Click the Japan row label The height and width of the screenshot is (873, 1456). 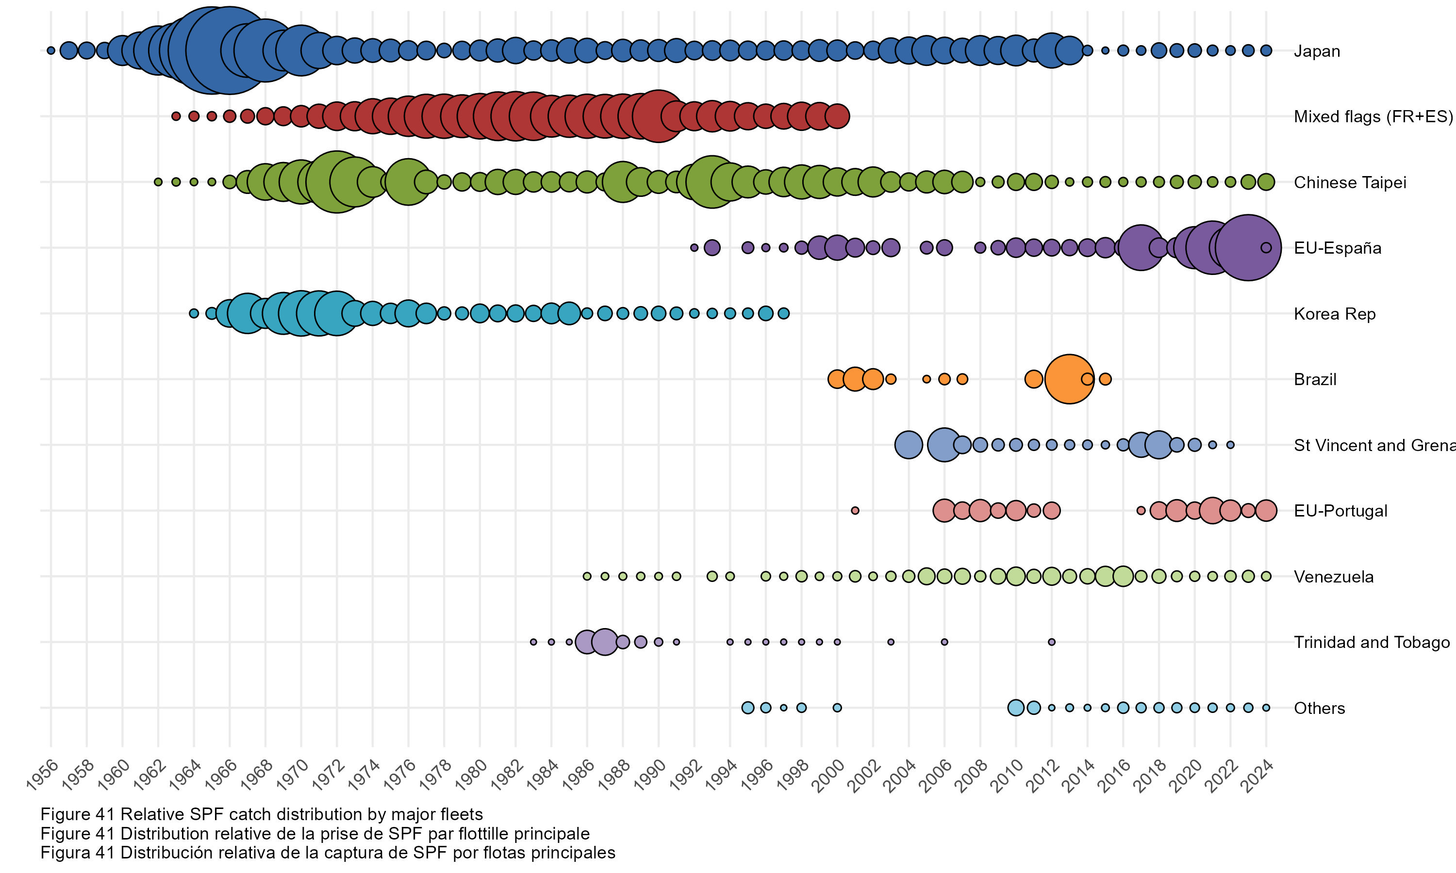click(x=1317, y=51)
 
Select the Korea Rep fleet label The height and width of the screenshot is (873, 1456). click(x=1334, y=314)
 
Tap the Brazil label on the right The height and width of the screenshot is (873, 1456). click(x=1315, y=379)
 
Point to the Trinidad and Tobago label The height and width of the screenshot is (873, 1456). click(x=1371, y=643)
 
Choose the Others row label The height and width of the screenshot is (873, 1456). click(x=1319, y=708)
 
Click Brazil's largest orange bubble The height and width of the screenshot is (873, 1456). click(x=1069, y=379)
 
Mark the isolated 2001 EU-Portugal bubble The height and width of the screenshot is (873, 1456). click(x=855, y=511)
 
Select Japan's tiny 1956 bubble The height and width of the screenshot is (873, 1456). click(x=51, y=50)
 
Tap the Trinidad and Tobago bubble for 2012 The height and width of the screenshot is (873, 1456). click(x=1052, y=642)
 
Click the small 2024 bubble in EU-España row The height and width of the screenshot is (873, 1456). click(x=1266, y=248)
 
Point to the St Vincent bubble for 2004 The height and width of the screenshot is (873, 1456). click(x=908, y=445)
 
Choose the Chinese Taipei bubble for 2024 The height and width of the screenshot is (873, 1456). click(x=1266, y=182)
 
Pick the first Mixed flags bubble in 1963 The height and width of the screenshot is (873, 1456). click(x=175, y=116)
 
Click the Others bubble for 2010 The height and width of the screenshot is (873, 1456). click(x=1016, y=708)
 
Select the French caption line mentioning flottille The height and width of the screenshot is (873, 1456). click(x=315, y=834)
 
